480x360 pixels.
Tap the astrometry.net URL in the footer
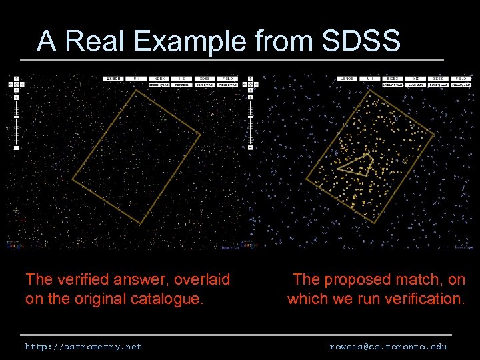click(83, 347)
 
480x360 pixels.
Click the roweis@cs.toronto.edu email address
click(388, 347)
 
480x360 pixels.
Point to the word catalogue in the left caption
click(163, 299)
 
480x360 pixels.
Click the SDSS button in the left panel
click(205, 79)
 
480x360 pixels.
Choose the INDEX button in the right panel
click(393, 79)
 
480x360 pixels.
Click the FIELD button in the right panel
click(461, 79)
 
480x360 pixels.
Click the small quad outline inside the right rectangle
click(356, 164)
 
